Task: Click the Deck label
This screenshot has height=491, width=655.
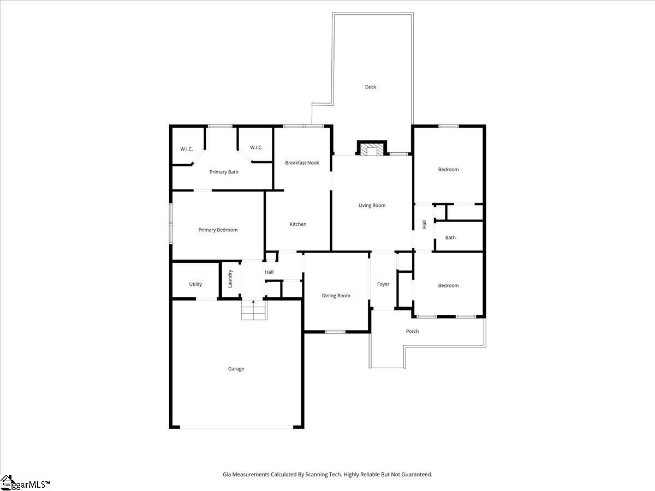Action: [370, 87]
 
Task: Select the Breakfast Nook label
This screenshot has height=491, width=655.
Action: [302, 163]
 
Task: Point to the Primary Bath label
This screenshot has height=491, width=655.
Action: [224, 172]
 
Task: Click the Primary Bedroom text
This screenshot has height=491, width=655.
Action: [218, 230]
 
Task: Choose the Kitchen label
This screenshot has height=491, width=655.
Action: [298, 224]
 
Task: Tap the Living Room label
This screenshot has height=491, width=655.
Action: [372, 206]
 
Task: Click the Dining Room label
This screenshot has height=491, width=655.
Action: [336, 296]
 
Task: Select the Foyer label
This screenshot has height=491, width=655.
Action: [383, 284]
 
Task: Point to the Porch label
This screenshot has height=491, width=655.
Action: [413, 331]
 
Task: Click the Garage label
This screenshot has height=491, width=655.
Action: [236, 369]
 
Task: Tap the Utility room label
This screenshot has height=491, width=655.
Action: [195, 284]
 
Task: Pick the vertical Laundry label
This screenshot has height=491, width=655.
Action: [230, 279]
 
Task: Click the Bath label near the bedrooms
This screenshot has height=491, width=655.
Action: [450, 238]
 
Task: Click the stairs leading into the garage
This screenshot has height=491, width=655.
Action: [254, 310]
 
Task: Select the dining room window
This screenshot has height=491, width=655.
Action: [335, 332]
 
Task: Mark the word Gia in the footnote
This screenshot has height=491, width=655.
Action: [227, 474]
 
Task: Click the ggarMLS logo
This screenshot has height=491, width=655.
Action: [25, 483]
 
